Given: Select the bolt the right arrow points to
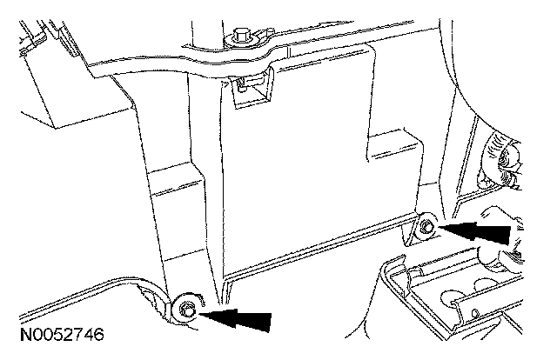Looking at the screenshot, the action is (x=427, y=228).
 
